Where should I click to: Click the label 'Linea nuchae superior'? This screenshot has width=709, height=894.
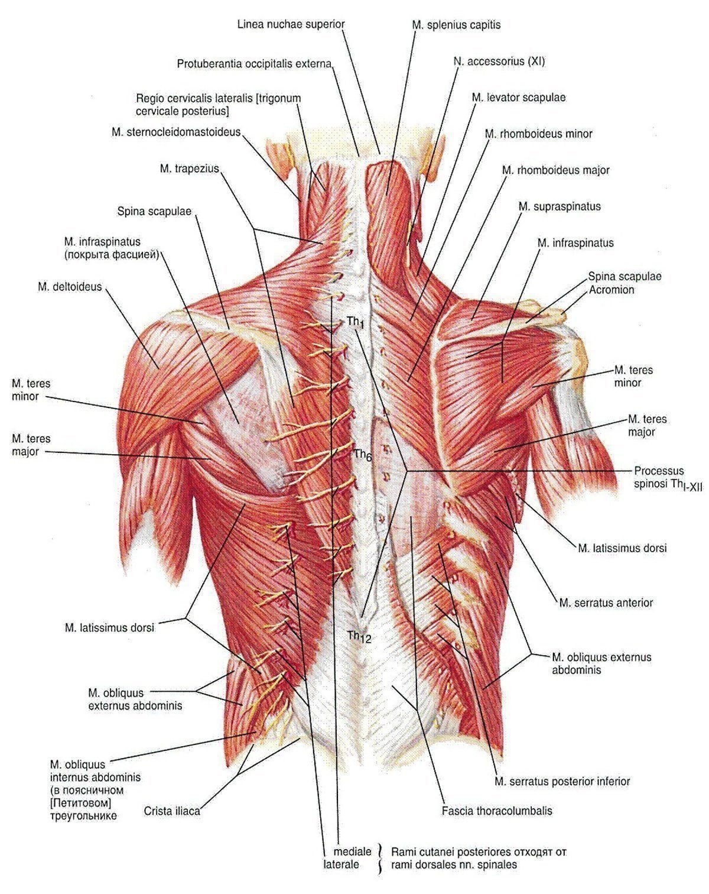click(291, 24)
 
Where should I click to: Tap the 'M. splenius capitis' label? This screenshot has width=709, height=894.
click(456, 25)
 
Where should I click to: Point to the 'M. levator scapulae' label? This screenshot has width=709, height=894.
click(518, 98)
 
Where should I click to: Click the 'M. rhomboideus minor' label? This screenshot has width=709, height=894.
click(538, 134)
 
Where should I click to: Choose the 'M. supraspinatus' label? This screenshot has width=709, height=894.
click(559, 206)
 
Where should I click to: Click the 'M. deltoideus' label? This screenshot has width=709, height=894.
click(69, 287)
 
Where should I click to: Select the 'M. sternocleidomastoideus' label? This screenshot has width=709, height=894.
click(175, 132)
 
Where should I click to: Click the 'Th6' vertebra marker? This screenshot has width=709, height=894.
click(362, 455)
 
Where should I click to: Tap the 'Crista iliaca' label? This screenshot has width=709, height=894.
click(172, 811)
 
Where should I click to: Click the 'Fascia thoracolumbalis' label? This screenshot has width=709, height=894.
click(497, 811)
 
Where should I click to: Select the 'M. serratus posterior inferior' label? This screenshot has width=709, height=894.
click(562, 781)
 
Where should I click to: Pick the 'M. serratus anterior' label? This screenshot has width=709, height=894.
click(606, 603)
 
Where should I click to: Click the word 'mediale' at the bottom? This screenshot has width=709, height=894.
click(352, 851)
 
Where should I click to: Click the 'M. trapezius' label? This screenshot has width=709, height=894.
click(189, 169)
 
